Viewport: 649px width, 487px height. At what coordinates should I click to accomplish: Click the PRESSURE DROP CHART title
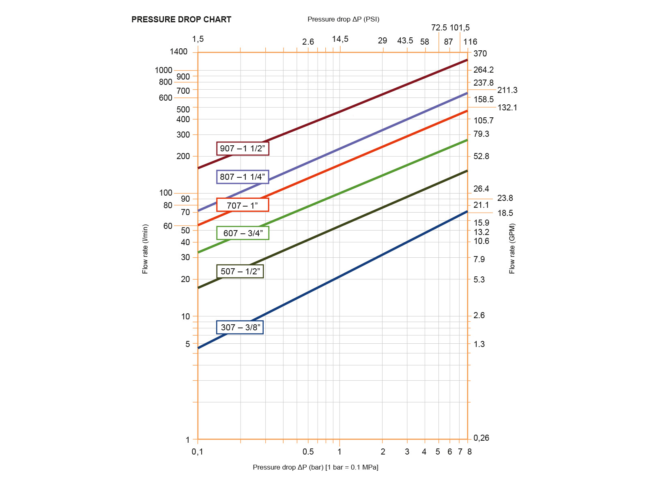coord(181,19)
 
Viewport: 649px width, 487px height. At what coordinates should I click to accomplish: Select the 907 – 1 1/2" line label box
coord(243,149)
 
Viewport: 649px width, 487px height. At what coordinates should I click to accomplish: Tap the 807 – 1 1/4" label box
coord(243,177)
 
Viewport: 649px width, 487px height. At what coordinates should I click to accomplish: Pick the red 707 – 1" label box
coord(243,205)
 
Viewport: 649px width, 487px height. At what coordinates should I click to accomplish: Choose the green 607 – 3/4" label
coord(243,233)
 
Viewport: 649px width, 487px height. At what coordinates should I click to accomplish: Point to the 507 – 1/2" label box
coord(240,271)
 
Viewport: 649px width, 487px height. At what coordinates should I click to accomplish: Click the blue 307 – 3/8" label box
coord(240,327)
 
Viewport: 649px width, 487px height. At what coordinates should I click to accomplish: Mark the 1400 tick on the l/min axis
coord(179,52)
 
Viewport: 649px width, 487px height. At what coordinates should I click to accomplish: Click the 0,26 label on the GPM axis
coord(481,438)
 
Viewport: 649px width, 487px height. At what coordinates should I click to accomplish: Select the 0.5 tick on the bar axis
coord(308,452)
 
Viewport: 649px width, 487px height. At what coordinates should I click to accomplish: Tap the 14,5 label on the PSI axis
coord(340,39)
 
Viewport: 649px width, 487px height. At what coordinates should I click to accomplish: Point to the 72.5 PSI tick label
coord(439,28)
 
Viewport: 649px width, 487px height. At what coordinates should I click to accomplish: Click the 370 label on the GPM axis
coord(480,54)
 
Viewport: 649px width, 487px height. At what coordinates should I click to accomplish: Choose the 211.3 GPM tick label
coord(507,90)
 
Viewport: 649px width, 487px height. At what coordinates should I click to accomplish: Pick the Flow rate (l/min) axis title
coord(145,249)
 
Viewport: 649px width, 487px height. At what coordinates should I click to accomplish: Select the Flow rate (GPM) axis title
coord(512,248)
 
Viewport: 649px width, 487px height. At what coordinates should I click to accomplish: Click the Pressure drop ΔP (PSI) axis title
coord(343,19)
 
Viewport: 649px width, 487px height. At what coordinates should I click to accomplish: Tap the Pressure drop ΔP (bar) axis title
coord(315,467)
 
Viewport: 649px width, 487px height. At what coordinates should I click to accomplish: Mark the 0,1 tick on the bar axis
coord(197,452)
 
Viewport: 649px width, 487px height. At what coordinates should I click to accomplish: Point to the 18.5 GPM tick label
coord(505,213)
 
